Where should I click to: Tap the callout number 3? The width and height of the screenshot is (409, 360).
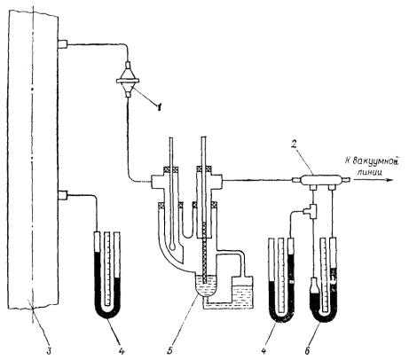click(x=49, y=351)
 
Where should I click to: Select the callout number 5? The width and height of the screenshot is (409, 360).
click(x=169, y=351)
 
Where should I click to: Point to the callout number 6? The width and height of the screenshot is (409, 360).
click(x=308, y=351)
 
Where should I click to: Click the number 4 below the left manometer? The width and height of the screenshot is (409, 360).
click(x=122, y=351)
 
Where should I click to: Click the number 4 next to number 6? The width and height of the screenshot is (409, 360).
click(x=264, y=351)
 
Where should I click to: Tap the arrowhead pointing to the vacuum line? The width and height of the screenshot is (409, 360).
click(x=389, y=180)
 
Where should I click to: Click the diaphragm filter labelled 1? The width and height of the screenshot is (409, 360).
click(x=128, y=80)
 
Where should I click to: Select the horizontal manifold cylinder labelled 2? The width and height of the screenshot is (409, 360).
click(x=320, y=180)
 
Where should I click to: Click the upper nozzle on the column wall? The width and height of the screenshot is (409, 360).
click(x=63, y=44)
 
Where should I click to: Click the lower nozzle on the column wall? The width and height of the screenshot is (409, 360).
click(x=63, y=195)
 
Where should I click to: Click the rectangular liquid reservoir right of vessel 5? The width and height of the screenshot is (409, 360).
click(x=242, y=293)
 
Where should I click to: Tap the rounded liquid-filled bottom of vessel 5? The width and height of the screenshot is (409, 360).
click(x=207, y=286)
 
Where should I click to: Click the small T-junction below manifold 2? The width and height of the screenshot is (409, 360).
click(x=311, y=211)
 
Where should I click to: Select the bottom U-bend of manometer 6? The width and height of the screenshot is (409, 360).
click(x=325, y=317)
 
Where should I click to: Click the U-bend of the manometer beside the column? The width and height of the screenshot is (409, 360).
click(x=107, y=312)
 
